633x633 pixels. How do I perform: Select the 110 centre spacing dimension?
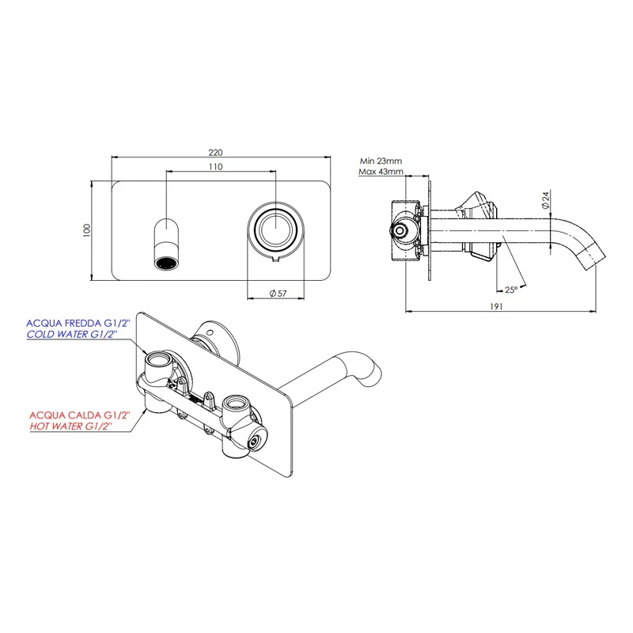click(x=216, y=167)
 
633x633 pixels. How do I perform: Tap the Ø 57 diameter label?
click(x=278, y=293)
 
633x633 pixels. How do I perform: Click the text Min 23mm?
click(x=381, y=161)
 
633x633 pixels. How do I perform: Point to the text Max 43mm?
click(x=381, y=172)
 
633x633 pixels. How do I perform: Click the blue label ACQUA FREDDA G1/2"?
click(x=70, y=323)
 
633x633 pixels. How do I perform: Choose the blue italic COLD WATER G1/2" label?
click(x=70, y=335)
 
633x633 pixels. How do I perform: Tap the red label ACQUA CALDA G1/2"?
click(x=70, y=414)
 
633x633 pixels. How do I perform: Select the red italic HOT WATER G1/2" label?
click(x=70, y=426)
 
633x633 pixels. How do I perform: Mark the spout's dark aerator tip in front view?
click(x=166, y=262)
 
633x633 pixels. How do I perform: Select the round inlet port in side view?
click(x=401, y=230)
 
